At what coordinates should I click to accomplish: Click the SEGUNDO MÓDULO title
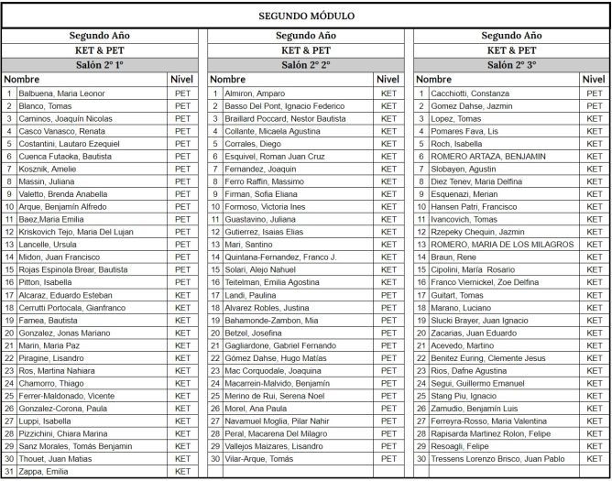tap(306, 16)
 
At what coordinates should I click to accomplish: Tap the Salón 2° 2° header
tap(305, 65)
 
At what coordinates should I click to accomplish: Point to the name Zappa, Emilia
tap(45, 472)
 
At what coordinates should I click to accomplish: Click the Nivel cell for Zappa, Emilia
tap(182, 472)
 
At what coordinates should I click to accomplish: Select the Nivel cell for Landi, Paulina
tap(388, 295)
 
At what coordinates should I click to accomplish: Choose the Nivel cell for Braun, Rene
tap(595, 257)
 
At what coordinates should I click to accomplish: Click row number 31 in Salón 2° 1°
tap(9, 472)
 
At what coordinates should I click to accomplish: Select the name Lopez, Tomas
tap(456, 118)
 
